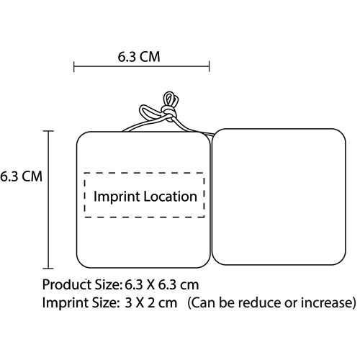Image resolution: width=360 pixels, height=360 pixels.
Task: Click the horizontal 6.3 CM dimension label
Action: (139, 57)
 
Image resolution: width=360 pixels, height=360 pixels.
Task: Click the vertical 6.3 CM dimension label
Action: (21, 176)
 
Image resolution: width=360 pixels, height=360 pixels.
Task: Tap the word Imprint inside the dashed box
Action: (117, 197)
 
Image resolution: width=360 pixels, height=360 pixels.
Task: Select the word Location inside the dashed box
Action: (171, 197)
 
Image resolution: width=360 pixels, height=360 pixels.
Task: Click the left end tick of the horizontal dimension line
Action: (74, 66)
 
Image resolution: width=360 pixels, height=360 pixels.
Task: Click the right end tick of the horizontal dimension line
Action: (210, 66)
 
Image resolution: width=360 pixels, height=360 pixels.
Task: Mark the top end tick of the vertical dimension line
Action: (48, 131)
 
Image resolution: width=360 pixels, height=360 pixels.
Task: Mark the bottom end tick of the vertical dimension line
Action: (48, 269)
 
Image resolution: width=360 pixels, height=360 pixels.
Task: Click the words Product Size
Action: (81, 285)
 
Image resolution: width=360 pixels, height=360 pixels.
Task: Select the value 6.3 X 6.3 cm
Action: (162, 285)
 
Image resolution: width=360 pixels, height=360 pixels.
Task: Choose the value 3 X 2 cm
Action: (151, 302)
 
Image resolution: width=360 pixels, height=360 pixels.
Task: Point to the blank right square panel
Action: (279, 197)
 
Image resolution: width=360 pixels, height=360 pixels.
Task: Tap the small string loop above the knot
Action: (170, 99)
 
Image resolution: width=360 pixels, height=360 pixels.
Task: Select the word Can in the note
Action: (203, 302)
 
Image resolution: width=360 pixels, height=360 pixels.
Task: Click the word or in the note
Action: (291, 304)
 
